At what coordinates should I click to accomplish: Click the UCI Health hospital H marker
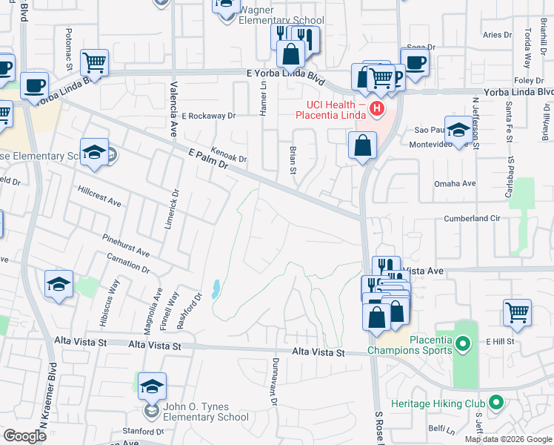377,110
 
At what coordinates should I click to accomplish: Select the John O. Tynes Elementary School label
205,412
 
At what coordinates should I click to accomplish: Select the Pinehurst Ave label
127,245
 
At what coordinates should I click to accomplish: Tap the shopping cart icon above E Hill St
517,311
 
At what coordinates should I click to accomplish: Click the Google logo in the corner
24,436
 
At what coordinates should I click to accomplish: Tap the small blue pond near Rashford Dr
215,289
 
